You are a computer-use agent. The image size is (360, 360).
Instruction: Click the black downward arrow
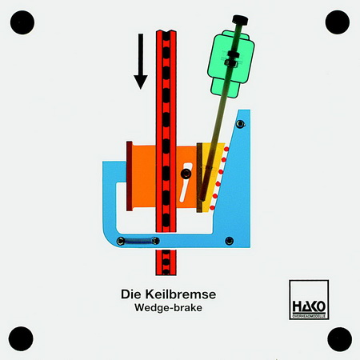(x=141, y=62)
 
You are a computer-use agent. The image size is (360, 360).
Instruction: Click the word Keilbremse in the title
(x=181, y=294)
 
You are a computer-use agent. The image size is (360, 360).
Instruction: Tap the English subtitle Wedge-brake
(x=168, y=308)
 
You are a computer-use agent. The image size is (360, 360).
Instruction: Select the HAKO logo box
(x=309, y=299)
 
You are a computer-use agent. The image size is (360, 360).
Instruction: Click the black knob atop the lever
(x=240, y=20)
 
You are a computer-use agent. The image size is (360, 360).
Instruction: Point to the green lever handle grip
(x=231, y=64)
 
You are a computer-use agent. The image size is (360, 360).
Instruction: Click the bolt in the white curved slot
(x=186, y=174)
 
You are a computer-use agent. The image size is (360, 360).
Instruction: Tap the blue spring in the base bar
(x=138, y=241)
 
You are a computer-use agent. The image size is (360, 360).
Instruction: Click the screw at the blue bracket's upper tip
(x=241, y=124)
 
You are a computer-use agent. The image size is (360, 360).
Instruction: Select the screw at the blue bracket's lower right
(x=229, y=241)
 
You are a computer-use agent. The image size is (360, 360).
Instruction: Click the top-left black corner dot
(x=22, y=22)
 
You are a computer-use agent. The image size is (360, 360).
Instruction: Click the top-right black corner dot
(x=338, y=22)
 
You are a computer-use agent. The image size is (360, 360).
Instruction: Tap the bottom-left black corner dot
(x=21, y=338)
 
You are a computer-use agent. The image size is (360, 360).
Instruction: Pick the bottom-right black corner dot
(x=339, y=339)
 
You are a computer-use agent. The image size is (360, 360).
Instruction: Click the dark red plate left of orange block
(x=130, y=176)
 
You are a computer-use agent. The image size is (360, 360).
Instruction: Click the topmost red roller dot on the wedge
(x=226, y=149)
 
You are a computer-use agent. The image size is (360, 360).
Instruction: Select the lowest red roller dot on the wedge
(x=212, y=207)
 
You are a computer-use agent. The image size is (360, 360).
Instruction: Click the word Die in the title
(x=130, y=294)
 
